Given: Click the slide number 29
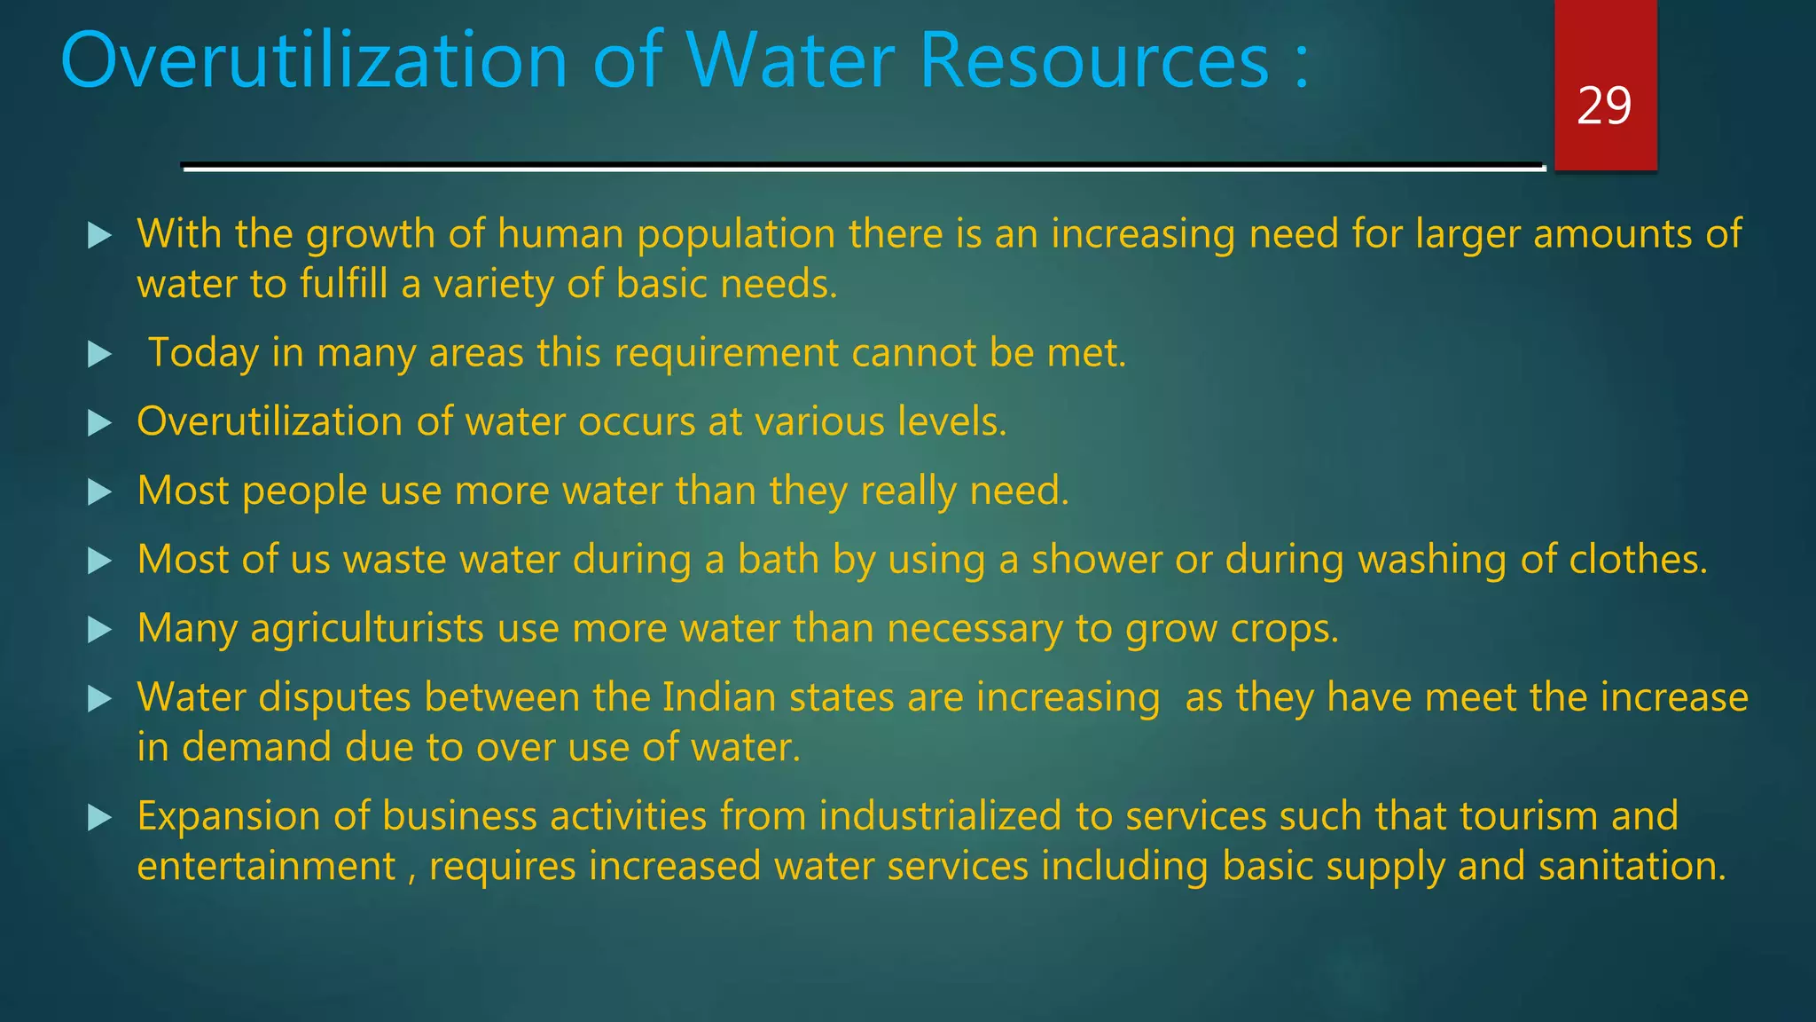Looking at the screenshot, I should pos(1604,106).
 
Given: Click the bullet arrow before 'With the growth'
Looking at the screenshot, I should pos(100,236).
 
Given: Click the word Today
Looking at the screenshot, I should pos(203,353).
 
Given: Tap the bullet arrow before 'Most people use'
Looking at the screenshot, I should pos(100,492).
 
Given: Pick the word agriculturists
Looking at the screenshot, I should pos(367,629).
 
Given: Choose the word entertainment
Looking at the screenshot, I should pos(266,866).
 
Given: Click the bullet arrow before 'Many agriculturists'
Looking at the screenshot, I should pos(100,631).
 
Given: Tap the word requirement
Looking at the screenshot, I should pos(726,353).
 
